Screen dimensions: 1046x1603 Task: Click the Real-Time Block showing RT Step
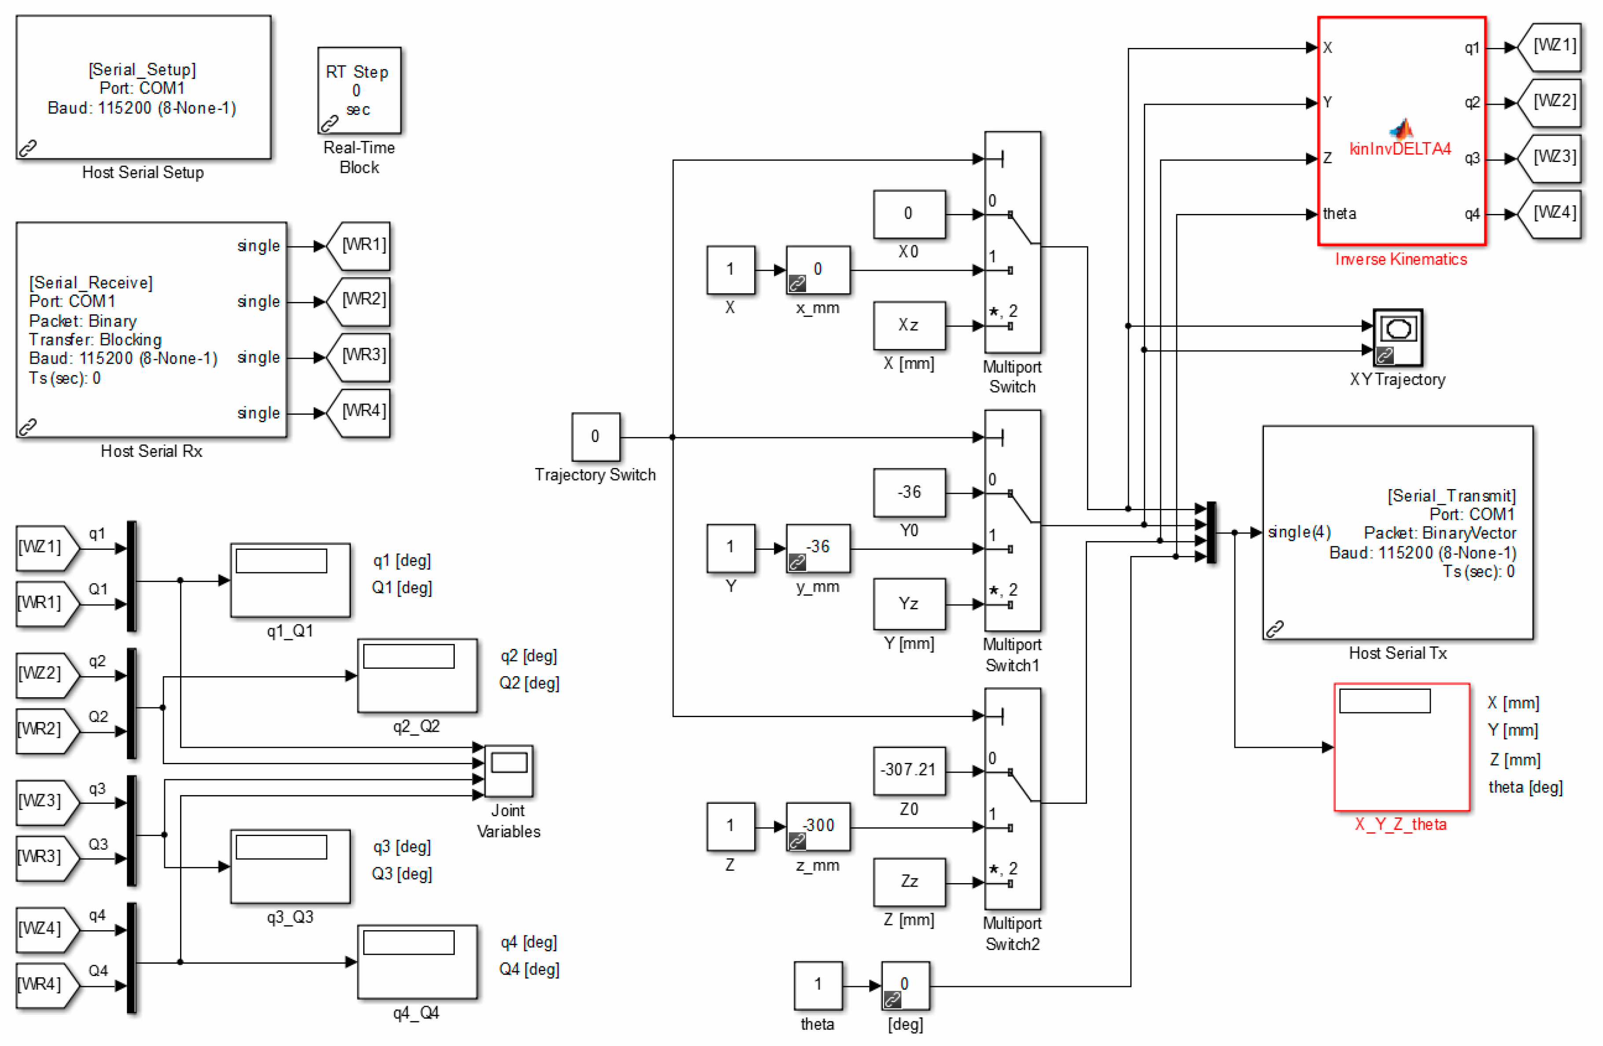(x=358, y=89)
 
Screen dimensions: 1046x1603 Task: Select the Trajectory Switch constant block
(x=595, y=436)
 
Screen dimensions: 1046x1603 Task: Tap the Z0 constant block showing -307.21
(x=909, y=770)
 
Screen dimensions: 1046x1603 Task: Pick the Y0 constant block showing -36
(x=909, y=492)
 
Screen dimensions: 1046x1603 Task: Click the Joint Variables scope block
(x=509, y=770)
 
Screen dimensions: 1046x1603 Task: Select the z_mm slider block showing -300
(x=817, y=826)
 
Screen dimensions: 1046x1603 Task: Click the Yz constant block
(x=909, y=604)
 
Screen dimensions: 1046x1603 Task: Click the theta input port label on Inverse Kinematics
(x=1339, y=214)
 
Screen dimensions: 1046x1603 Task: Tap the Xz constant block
(x=909, y=325)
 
